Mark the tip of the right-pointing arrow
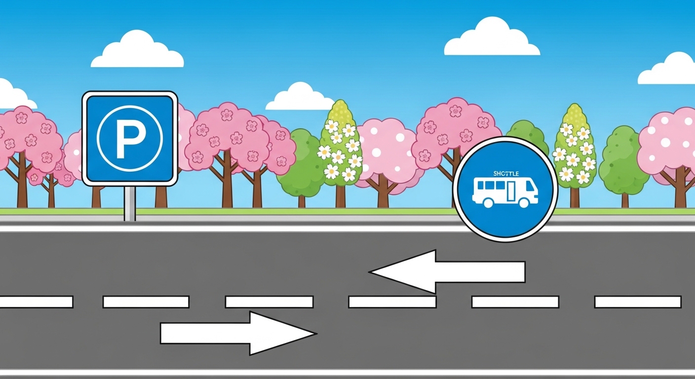[x=314, y=334]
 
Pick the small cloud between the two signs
[x=300, y=97]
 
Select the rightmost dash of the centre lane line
[x=638, y=302]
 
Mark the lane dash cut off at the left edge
[x=36, y=302]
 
